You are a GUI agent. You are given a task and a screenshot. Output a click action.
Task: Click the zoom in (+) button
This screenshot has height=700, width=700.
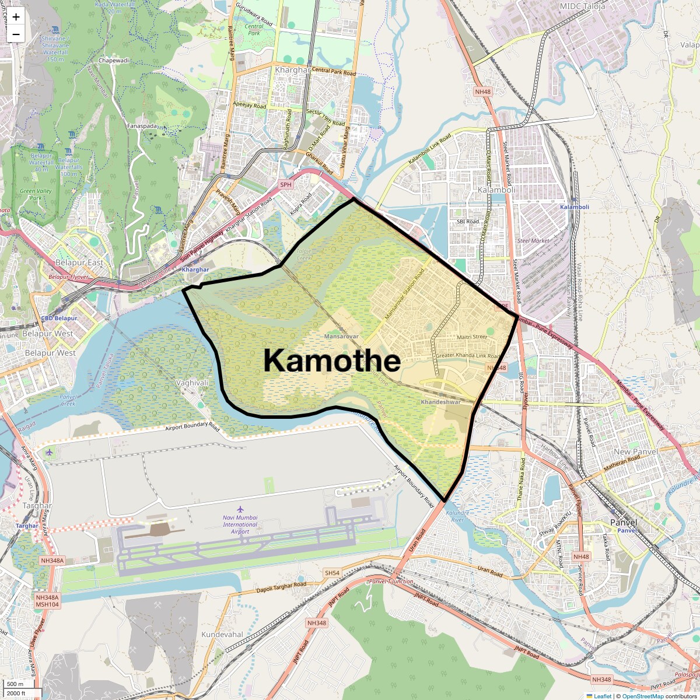(x=16, y=17)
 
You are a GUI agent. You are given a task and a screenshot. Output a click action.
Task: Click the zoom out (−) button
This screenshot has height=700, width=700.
(x=16, y=34)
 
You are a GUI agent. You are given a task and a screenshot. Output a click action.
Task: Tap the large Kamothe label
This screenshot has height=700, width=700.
(x=331, y=360)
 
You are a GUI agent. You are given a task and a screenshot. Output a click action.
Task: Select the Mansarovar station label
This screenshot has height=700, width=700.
(x=341, y=337)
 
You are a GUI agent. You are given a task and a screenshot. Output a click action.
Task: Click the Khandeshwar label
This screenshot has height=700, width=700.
(x=440, y=402)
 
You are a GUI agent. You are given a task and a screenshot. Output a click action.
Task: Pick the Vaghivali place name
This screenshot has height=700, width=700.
(x=191, y=383)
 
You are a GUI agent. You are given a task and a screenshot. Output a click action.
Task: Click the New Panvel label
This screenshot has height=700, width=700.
(x=635, y=452)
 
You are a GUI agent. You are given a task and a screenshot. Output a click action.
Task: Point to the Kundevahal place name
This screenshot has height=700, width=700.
(x=222, y=634)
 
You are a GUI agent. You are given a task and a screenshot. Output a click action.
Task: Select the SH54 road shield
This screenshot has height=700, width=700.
(x=332, y=573)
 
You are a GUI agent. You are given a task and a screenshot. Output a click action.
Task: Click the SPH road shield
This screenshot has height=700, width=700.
(x=285, y=185)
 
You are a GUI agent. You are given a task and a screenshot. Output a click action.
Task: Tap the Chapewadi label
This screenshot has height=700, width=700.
(x=114, y=61)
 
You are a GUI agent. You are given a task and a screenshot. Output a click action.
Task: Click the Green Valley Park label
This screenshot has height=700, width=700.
(x=36, y=194)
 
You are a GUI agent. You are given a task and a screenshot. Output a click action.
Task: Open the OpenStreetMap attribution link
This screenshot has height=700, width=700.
(x=642, y=696)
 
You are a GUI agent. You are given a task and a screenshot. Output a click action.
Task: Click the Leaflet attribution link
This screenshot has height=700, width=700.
(x=602, y=696)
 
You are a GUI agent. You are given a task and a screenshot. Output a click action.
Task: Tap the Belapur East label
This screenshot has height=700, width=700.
(x=79, y=262)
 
